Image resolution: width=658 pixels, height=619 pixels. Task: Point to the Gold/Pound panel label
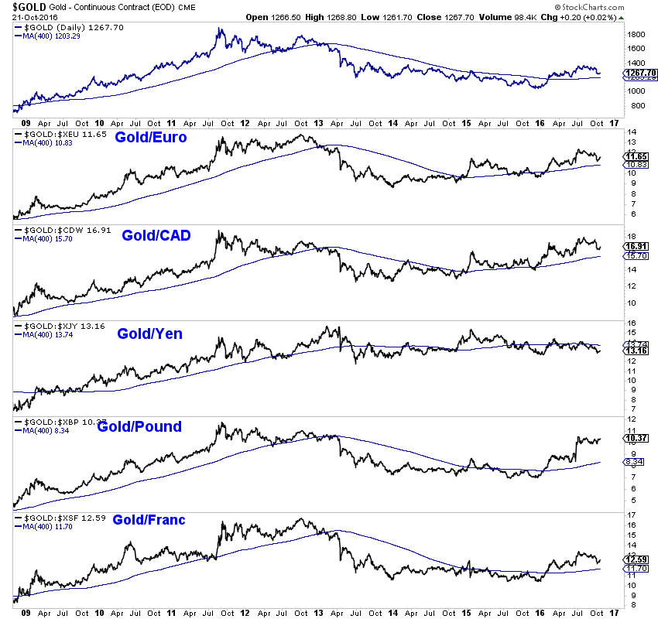tap(139, 426)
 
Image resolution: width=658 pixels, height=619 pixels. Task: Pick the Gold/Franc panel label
tap(149, 520)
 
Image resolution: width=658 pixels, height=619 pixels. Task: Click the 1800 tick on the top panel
tap(636, 35)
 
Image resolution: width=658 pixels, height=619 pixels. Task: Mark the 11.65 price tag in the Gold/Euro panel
tap(635, 156)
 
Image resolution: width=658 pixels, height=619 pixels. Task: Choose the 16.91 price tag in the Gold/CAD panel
tap(635, 246)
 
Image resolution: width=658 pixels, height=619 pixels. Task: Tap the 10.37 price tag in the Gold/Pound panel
tap(635, 439)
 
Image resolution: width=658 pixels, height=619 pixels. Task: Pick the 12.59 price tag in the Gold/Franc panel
tap(635, 559)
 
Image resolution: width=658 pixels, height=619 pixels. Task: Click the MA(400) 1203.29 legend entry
tap(53, 36)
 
